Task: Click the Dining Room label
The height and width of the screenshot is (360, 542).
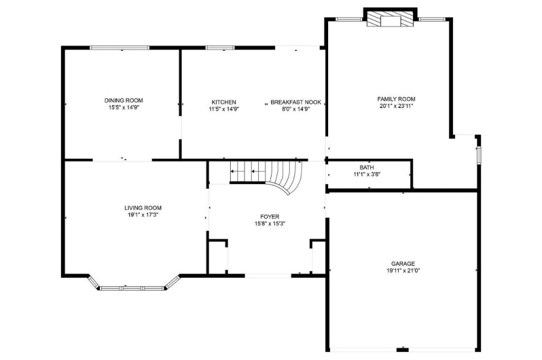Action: pyautogui.click(x=123, y=100)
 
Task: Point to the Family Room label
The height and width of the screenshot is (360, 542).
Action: pyautogui.click(x=396, y=99)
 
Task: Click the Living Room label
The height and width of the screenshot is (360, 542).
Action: pyautogui.click(x=143, y=208)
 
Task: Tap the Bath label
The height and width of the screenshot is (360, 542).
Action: pyautogui.click(x=367, y=167)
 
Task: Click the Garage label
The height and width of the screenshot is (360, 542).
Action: pyautogui.click(x=403, y=264)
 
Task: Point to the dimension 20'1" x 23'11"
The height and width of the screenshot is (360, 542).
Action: pyautogui.click(x=396, y=106)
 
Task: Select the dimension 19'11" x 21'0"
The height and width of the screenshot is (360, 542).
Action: pyautogui.click(x=403, y=271)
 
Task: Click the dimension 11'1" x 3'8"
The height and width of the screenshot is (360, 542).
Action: pyautogui.click(x=367, y=174)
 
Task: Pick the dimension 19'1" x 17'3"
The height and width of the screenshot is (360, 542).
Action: pyautogui.click(x=143, y=215)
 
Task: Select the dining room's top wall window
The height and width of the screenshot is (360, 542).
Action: pyautogui.click(x=119, y=48)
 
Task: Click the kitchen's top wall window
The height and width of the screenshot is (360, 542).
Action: pyautogui.click(x=220, y=48)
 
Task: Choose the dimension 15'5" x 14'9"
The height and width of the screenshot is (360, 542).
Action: pyautogui.click(x=123, y=107)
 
